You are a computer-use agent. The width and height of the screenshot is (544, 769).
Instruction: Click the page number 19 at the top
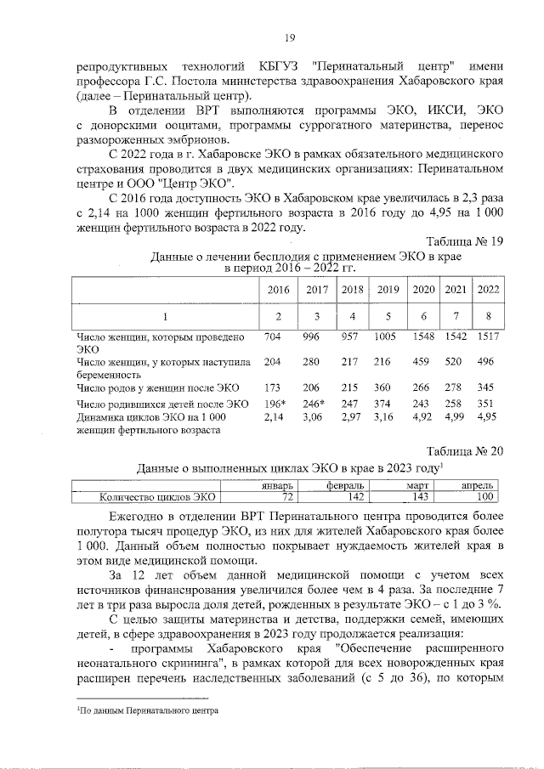coord(289,37)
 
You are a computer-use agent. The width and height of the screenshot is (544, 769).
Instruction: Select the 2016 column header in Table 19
coord(273,290)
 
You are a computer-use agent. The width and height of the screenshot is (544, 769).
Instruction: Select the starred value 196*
coord(273,403)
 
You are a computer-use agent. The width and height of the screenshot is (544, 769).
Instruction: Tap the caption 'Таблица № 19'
coord(464,241)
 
